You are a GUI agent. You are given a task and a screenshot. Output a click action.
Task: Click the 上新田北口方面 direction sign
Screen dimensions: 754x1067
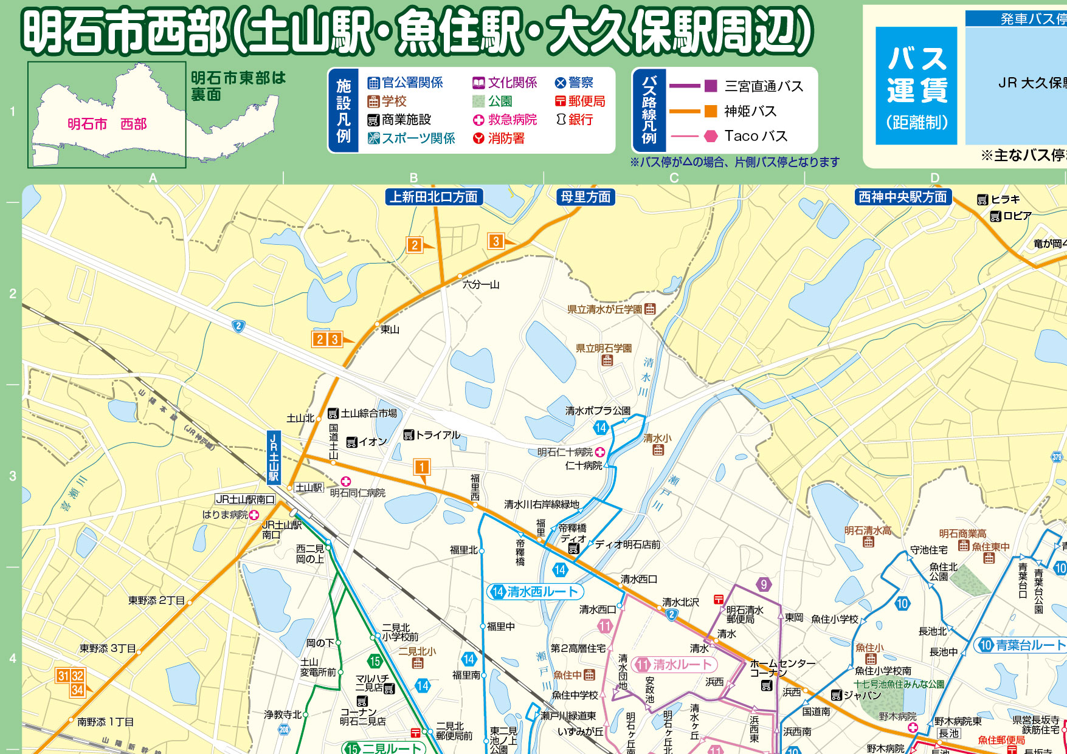pos(434,197)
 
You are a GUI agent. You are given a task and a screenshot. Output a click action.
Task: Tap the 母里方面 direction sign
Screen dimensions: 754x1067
pos(585,197)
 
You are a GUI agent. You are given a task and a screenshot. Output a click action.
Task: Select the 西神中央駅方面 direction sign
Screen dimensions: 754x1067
pos(903,197)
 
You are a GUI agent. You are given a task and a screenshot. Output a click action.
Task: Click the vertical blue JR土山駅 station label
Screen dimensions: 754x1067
pos(274,458)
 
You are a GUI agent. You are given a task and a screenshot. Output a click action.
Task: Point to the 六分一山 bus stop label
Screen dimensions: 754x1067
pos(480,284)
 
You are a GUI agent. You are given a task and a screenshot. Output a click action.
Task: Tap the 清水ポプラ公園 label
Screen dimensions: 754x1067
pos(598,411)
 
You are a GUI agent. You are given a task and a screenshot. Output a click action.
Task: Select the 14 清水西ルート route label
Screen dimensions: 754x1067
pos(535,591)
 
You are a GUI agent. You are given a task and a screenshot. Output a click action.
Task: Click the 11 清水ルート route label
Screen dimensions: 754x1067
pos(674,664)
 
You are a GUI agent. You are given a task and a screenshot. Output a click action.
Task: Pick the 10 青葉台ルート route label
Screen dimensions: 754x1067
pos(1021,645)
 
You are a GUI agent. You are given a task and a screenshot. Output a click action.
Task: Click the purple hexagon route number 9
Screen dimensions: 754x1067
pos(764,584)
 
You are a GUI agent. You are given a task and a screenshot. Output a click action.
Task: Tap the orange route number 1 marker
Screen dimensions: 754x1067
pos(421,467)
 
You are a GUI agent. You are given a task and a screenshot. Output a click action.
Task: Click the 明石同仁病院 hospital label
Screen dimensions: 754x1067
pos(357,493)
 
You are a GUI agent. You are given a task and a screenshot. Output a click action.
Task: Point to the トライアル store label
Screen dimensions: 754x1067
pos(432,435)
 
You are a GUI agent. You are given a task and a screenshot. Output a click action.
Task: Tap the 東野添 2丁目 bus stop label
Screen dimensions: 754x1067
pos(156,600)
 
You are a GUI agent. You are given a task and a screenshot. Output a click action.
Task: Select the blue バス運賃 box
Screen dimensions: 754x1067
pos(916,86)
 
